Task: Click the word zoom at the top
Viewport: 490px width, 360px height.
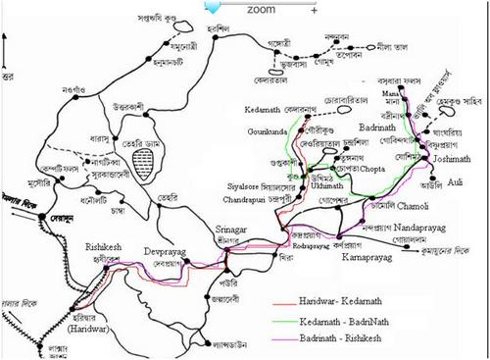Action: tap(262, 9)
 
